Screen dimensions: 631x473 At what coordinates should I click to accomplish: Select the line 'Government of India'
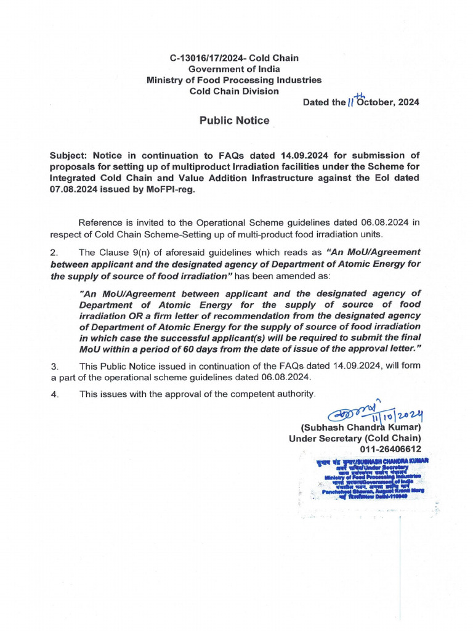coord(233,69)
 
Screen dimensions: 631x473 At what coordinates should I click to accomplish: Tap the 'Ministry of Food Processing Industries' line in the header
coord(233,80)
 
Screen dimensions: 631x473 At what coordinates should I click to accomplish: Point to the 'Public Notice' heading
coord(234,121)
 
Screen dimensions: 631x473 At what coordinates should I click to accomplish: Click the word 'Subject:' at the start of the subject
coord(69,156)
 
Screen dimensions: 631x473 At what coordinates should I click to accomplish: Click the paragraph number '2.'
coord(54,251)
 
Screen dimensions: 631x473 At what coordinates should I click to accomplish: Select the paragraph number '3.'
coord(54,366)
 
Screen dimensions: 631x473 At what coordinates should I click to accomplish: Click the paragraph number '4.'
coord(54,394)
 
